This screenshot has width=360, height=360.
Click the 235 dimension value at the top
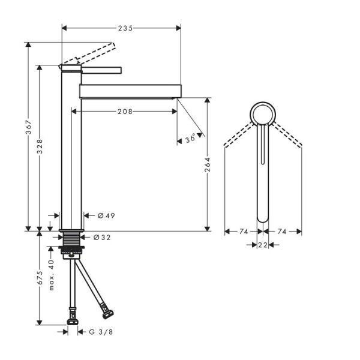tap(125, 28)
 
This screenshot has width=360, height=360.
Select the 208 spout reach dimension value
tap(125, 111)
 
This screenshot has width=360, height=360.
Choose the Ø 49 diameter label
tap(106, 215)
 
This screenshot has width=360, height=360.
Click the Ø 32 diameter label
tap(102, 238)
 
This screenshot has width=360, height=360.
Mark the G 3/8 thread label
tap(101, 331)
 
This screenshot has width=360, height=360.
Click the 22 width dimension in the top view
tap(263, 244)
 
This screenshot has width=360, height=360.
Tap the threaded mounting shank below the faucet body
tap(72, 241)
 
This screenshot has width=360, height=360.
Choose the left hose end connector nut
tap(73, 317)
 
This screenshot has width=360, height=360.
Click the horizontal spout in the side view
tap(129, 91)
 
